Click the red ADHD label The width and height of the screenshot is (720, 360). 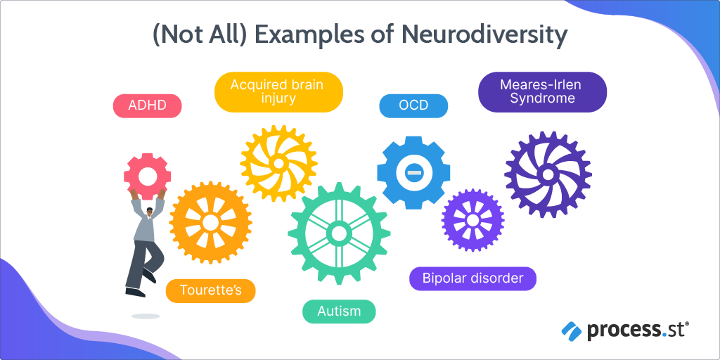pyautogui.click(x=147, y=106)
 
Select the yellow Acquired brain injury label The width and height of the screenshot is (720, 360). pyautogui.click(x=278, y=92)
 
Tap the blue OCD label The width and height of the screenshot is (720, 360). pyautogui.click(x=413, y=106)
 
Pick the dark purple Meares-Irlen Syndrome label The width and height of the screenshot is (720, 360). pyautogui.click(x=542, y=92)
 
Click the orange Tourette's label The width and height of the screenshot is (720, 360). pyautogui.click(x=210, y=290)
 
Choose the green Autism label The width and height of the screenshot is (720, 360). pyautogui.click(x=339, y=311)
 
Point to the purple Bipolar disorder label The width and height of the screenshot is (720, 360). pyautogui.click(x=472, y=278)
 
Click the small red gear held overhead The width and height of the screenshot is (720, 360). pyautogui.click(x=148, y=175)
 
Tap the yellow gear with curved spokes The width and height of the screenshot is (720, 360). pyautogui.click(x=278, y=163)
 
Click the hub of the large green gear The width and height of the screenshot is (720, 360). pyautogui.click(x=339, y=233)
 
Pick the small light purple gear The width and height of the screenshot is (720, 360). pyautogui.click(x=472, y=220)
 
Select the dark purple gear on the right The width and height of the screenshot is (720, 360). pyautogui.click(x=548, y=174)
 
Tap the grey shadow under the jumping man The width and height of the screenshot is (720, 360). pyautogui.click(x=146, y=316)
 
